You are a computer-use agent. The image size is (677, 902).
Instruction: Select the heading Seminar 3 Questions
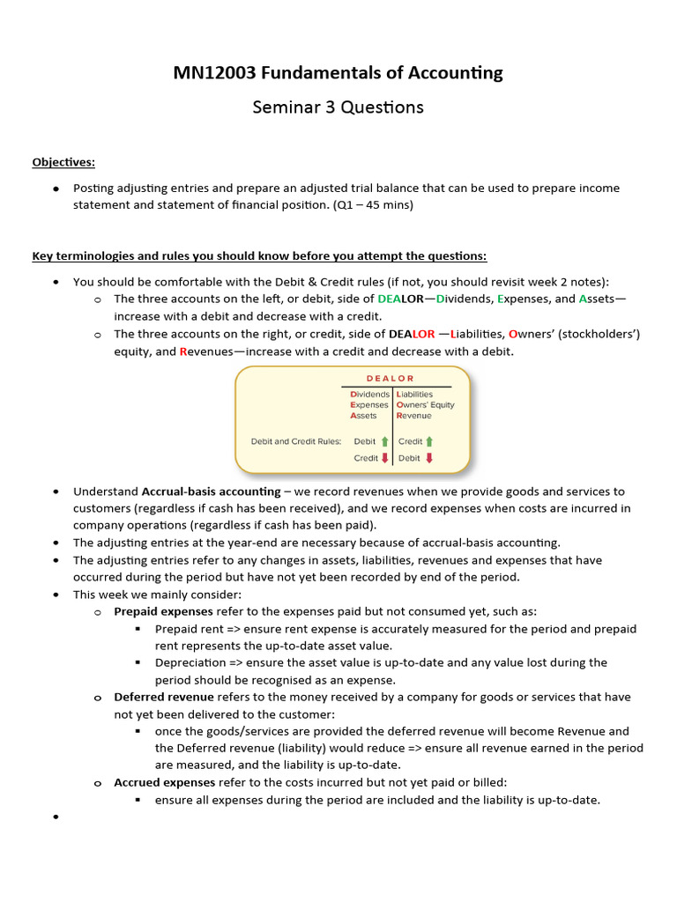pyautogui.click(x=338, y=107)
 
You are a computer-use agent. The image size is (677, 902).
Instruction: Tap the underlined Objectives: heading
pyautogui.click(x=63, y=162)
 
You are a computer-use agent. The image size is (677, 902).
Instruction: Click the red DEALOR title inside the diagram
pyautogui.click(x=390, y=379)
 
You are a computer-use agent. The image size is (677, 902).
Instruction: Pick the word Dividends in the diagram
pyautogui.click(x=370, y=394)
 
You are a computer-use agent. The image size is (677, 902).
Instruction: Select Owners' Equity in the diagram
pyautogui.click(x=426, y=405)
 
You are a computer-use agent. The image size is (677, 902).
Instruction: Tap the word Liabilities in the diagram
pyautogui.click(x=415, y=394)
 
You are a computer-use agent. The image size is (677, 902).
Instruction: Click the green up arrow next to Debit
pyautogui.click(x=384, y=441)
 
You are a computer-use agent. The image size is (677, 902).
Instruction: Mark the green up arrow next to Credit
pyautogui.click(x=429, y=441)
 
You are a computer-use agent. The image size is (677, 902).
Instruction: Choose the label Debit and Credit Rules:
pyautogui.click(x=295, y=441)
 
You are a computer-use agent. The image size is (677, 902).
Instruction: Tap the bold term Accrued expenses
pyautogui.click(x=164, y=782)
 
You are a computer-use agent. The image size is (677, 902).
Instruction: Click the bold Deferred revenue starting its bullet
pyautogui.click(x=164, y=697)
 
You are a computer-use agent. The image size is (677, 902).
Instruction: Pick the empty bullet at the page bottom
pyautogui.click(x=56, y=818)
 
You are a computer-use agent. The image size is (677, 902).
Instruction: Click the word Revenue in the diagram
pyautogui.click(x=414, y=416)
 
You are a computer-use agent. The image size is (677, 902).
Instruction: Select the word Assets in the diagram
pyautogui.click(x=363, y=416)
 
